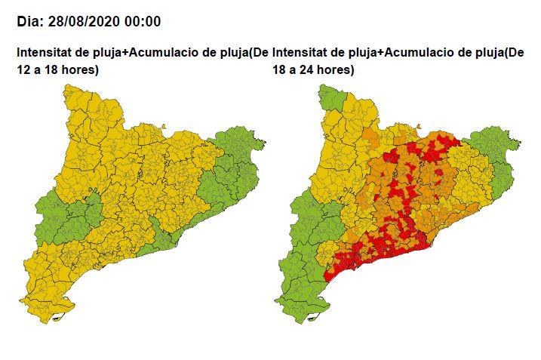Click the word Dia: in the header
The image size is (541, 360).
click(x=32, y=21)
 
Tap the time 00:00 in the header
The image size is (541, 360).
click(x=144, y=21)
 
